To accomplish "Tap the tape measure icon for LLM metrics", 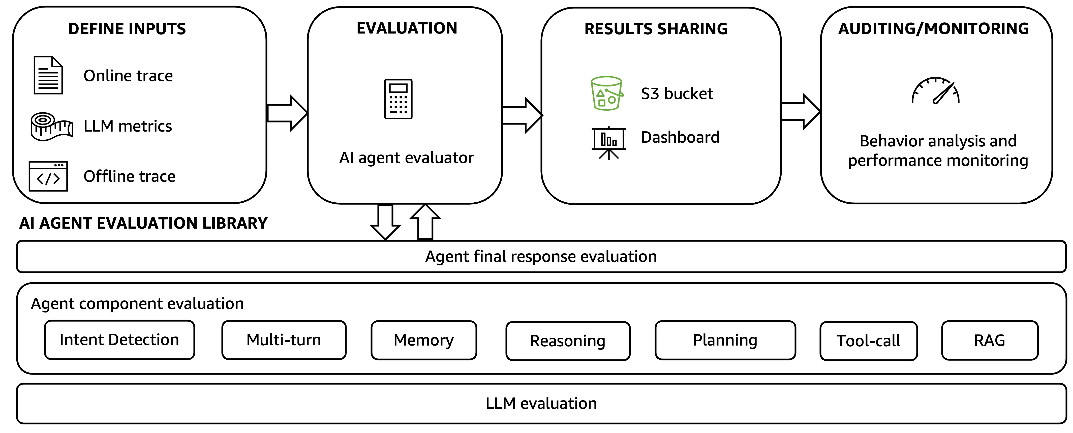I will pos(52,127).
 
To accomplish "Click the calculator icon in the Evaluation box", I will pos(398,99).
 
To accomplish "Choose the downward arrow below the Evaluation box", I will pos(385,222).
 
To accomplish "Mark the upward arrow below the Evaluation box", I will pos(425,222).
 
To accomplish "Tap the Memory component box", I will pos(424,341).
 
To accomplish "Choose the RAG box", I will pos(990,341).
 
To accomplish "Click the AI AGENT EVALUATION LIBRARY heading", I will pos(143,223).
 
